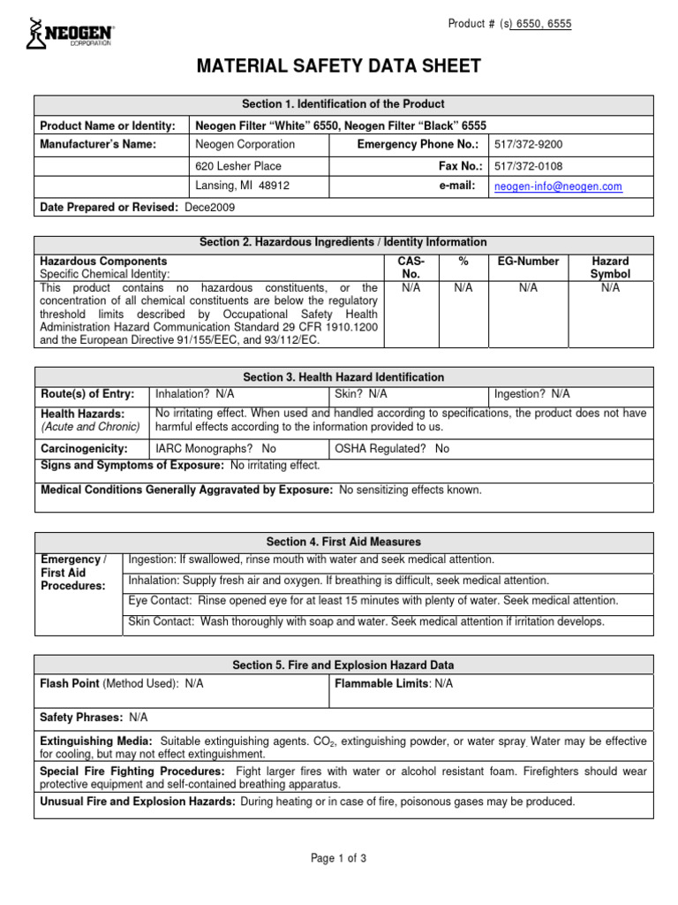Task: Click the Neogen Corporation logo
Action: click(72, 34)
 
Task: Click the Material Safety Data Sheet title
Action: click(344, 66)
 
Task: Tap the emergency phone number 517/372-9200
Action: click(528, 144)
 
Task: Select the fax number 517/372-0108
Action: click(528, 165)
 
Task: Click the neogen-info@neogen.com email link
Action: click(558, 186)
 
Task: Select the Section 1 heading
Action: click(343, 104)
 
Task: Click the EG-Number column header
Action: click(528, 262)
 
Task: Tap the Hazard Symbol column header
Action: click(610, 268)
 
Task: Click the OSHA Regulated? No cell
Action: click(392, 449)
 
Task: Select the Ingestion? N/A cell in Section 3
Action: click(532, 394)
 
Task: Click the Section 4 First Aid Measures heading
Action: click(343, 541)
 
